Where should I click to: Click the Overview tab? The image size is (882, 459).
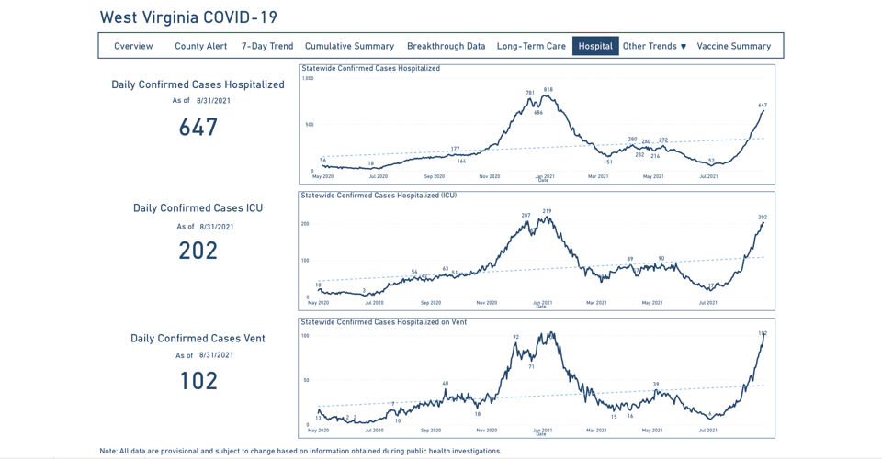[x=133, y=46]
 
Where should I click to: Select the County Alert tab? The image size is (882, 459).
[x=200, y=46]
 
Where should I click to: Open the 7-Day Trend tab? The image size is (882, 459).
[x=267, y=46]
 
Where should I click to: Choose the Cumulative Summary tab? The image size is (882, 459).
[x=349, y=46]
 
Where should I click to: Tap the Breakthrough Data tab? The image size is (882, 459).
[x=446, y=46]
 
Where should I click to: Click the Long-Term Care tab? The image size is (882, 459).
[x=531, y=46]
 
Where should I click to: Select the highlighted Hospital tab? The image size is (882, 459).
[x=595, y=46]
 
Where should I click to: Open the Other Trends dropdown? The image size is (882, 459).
[x=654, y=46]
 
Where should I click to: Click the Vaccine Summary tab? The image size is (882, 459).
[x=733, y=46]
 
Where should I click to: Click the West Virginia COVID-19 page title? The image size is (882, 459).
[x=188, y=17]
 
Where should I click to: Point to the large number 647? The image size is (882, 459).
[x=198, y=127]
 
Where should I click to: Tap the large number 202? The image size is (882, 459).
[x=198, y=251]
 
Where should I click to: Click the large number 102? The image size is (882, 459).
[x=198, y=380]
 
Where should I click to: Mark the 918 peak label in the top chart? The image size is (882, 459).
[x=548, y=90]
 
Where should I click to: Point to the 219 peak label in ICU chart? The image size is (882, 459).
[x=547, y=211]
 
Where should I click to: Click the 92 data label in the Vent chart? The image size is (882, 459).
[x=516, y=337]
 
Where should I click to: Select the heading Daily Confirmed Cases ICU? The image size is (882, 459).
[x=198, y=208]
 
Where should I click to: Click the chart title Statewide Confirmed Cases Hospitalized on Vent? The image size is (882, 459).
[x=384, y=322]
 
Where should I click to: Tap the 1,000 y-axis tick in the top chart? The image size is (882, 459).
[x=308, y=79]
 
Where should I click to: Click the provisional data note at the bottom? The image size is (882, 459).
[x=300, y=451]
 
